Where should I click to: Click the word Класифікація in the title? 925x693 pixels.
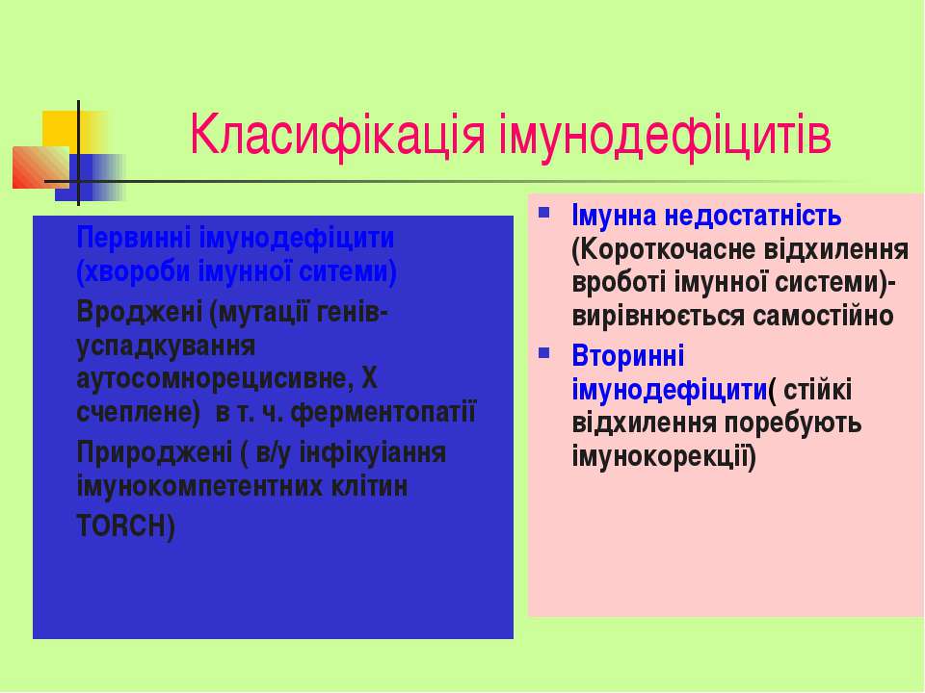point(337,136)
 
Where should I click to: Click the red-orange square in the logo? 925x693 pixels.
point(40,167)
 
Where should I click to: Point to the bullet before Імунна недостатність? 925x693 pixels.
point(543,212)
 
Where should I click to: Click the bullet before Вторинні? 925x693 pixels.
point(543,353)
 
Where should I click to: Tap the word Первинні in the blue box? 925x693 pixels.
point(133,238)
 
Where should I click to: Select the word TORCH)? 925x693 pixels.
point(125,526)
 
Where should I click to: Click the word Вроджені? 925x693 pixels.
point(139,312)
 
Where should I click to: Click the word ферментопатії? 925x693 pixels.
point(383,413)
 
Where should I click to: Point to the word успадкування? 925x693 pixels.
point(166,346)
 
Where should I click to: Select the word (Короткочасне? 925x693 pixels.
point(664,250)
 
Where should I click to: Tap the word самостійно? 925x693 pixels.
point(824,317)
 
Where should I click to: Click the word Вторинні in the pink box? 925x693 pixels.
point(627,356)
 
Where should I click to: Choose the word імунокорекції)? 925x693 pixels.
point(664,456)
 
